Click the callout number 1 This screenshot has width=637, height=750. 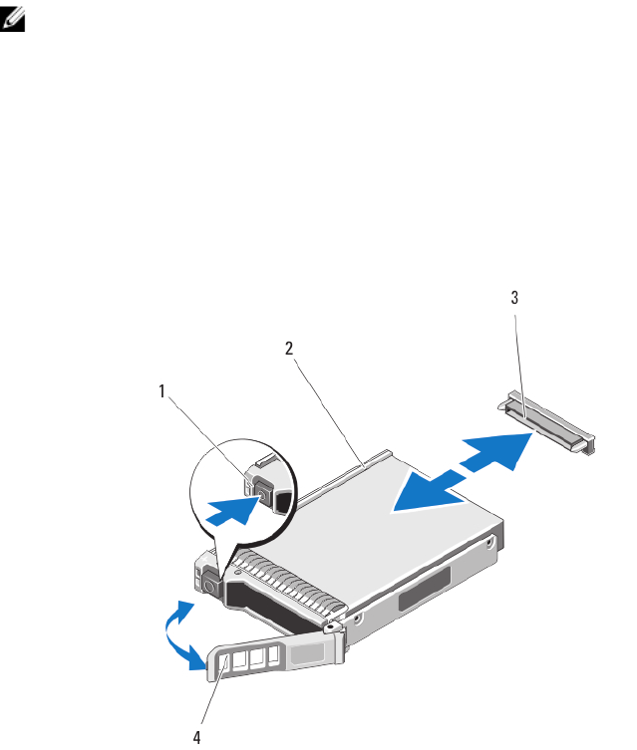point(161,391)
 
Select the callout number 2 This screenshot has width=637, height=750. point(289,348)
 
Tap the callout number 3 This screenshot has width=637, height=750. point(514,297)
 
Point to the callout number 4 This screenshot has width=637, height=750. point(196,738)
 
